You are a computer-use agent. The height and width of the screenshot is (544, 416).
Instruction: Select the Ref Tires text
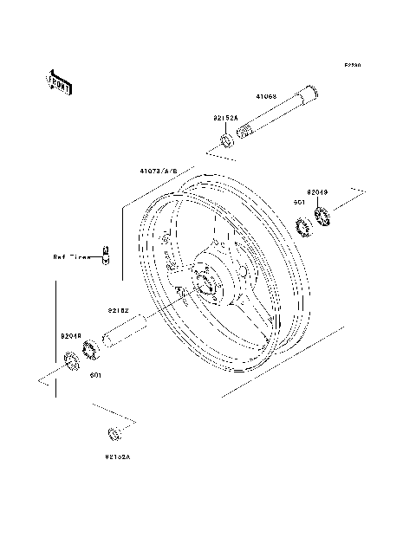pos(73,256)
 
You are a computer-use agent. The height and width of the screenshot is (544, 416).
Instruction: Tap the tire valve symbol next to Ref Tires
pos(105,255)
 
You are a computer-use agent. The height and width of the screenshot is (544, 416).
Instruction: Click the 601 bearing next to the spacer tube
pos(88,351)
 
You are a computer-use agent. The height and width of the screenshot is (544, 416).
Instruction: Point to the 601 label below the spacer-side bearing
pos(96,376)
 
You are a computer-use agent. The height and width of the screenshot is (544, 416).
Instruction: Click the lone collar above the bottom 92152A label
pos(112,433)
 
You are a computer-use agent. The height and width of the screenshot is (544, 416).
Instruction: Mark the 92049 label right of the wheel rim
pos(317,192)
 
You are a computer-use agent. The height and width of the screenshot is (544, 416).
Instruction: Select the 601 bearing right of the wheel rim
pos(303,228)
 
